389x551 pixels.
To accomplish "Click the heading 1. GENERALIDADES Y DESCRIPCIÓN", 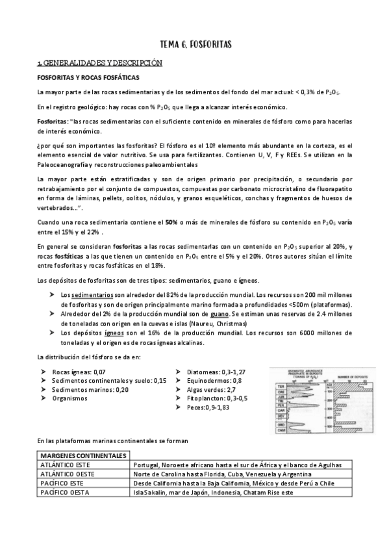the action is point(99,63).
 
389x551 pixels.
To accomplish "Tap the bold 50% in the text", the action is point(171,222).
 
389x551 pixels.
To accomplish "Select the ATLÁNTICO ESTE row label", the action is point(66,465).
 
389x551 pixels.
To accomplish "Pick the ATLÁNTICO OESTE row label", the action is point(69,474).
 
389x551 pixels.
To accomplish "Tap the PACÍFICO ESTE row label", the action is point(64,483).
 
